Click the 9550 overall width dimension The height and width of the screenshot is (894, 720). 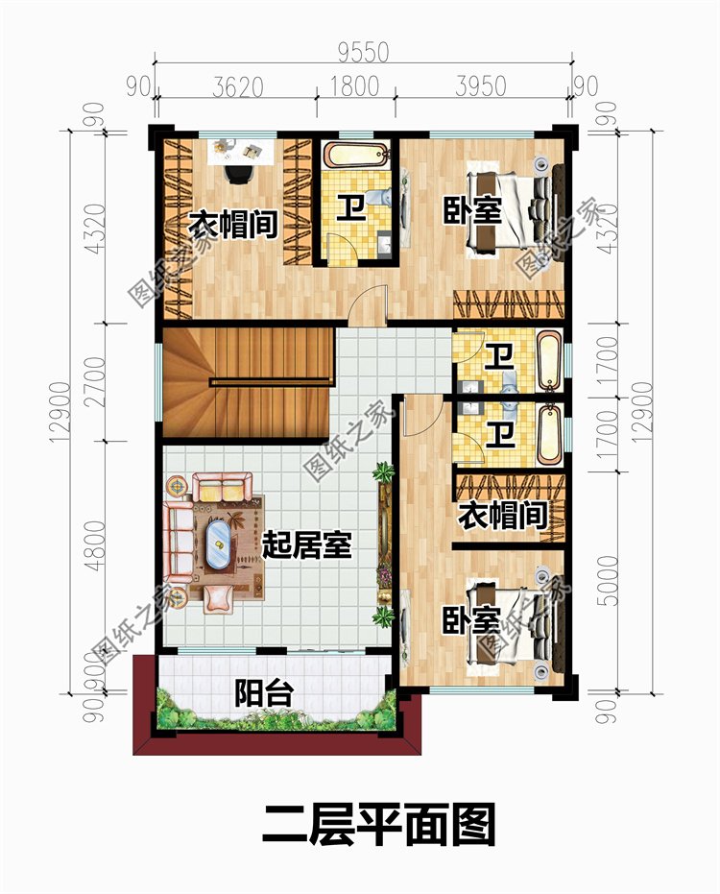363,52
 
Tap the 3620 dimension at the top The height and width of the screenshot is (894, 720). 238,86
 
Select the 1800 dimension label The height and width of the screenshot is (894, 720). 354,86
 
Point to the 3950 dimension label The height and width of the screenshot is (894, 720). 481,86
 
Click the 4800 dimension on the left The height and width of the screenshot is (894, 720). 95,545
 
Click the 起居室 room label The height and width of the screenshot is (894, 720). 306,545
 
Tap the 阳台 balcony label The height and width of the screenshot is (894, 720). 265,692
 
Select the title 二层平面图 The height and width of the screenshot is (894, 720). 379,824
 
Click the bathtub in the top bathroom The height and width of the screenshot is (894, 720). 357,156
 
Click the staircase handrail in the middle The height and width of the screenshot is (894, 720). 271,381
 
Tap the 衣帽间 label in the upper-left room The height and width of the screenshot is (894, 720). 232,225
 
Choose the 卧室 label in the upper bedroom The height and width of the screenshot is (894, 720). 472,210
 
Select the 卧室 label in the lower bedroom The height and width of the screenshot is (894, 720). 471,619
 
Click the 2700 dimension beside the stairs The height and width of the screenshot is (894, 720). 95,381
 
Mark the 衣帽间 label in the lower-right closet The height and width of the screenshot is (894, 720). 503,516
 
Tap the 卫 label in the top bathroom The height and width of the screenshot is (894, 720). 350,207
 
